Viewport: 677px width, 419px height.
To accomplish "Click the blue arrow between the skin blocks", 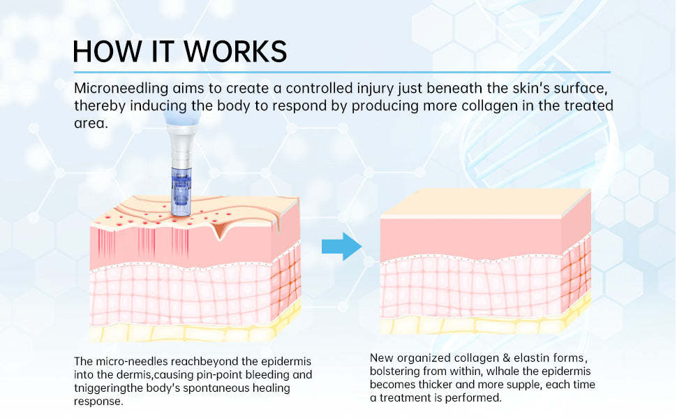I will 341,247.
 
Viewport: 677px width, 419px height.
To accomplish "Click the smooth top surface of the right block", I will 482,203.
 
